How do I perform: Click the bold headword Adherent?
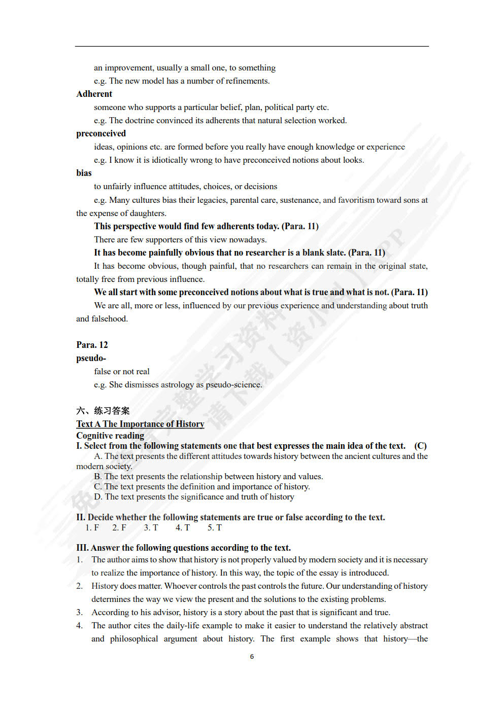(x=94, y=94)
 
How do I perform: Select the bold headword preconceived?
(x=101, y=133)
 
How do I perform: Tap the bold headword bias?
(x=84, y=173)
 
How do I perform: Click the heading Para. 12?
(x=92, y=345)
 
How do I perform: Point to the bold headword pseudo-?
(x=91, y=358)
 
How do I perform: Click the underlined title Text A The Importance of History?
(x=140, y=424)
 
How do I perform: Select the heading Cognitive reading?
(x=110, y=436)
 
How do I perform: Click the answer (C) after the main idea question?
(x=420, y=446)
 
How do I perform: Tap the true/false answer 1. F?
(x=92, y=527)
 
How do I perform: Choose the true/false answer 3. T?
(x=151, y=527)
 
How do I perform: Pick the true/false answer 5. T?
(x=214, y=527)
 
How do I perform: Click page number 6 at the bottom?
(x=252, y=656)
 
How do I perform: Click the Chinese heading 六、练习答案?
(x=103, y=411)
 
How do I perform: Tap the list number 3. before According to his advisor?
(x=79, y=612)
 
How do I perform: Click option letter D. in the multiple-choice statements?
(x=98, y=496)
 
